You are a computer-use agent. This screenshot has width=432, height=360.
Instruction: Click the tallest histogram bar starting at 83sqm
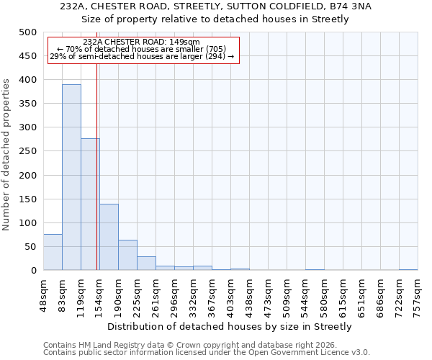[x=71, y=177]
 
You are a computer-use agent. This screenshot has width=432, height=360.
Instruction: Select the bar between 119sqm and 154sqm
[x=90, y=204]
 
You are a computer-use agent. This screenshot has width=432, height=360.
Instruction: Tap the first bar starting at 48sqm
[x=53, y=252]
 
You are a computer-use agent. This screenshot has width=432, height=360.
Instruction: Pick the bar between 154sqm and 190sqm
[x=109, y=237]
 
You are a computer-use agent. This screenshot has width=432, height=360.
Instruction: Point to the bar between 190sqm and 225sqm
[x=127, y=255]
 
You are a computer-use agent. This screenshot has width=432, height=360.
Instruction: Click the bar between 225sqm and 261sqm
[x=146, y=264]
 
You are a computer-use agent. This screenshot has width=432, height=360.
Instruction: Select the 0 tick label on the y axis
[x=33, y=271]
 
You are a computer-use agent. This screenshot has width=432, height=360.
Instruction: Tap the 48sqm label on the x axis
[x=43, y=292]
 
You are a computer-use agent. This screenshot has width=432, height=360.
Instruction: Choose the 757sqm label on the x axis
[x=418, y=292]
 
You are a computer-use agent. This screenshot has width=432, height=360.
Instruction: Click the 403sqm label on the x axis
[x=230, y=292]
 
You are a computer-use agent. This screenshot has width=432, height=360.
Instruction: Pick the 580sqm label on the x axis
[x=324, y=292]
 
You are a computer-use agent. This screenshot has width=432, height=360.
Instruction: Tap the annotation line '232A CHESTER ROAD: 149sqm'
[x=142, y=42]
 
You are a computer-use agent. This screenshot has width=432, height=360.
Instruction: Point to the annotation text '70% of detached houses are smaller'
[x=143, y=49]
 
